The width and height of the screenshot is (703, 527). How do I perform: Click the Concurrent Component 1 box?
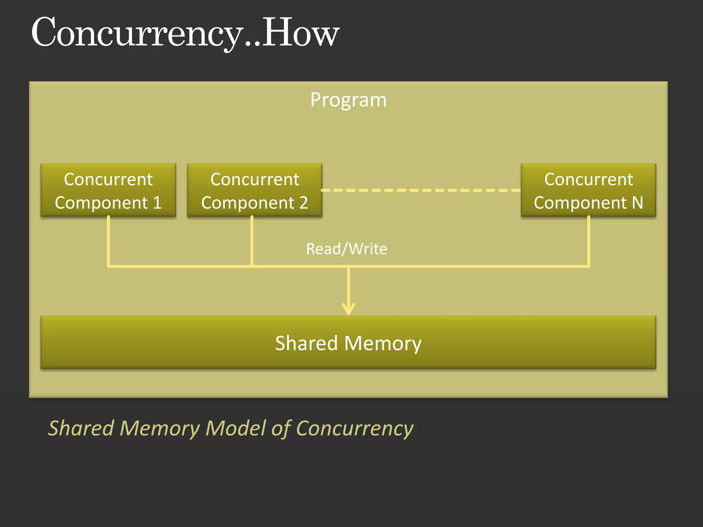108,190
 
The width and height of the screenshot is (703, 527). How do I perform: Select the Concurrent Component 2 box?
254,190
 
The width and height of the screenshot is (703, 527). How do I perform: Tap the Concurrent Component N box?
588,190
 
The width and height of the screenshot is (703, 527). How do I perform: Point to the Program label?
348,100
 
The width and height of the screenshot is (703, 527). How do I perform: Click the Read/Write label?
347,249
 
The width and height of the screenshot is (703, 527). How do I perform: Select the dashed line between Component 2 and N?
421,190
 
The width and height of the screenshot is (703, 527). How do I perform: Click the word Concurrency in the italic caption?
354,429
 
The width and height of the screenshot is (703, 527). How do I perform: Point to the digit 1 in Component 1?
157,202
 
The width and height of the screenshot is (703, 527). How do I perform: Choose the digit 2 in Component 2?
303,202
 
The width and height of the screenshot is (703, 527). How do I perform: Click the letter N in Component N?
637,202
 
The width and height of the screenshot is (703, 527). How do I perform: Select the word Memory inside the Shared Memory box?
383,344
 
